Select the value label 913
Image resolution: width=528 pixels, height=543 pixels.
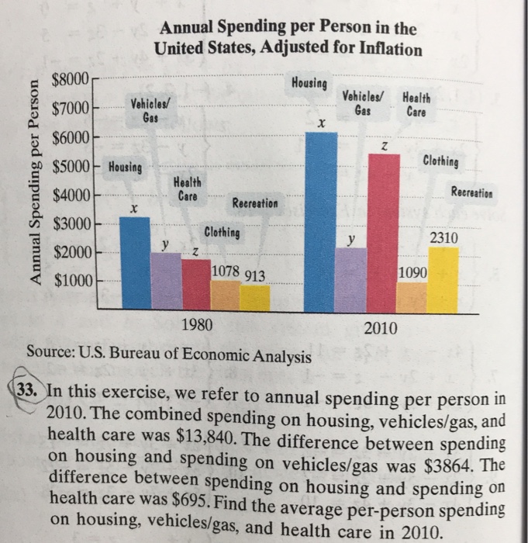tap(255, 275)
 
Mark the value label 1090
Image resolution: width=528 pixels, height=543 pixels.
tap(411, 273)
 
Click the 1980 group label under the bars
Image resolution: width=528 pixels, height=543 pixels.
tap(196, 327)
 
